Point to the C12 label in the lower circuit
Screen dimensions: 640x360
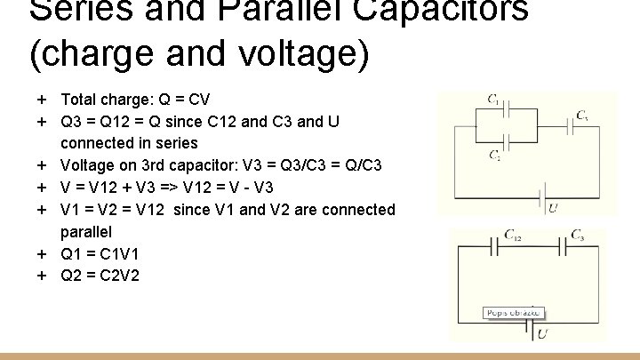point(513,235)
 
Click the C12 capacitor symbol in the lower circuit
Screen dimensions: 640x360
point(492,245)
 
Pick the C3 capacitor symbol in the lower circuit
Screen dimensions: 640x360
point(563,245)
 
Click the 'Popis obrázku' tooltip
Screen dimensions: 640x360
point(513,313)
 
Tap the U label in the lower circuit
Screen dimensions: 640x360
point(542,333)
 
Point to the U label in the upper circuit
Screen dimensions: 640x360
point(553,208)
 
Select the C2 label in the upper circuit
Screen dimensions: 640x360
point(494,156)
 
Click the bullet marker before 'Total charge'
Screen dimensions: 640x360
point(42,99)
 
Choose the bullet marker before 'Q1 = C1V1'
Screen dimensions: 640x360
point(42,253)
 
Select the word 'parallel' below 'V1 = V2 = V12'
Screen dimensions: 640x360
point(86,231)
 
